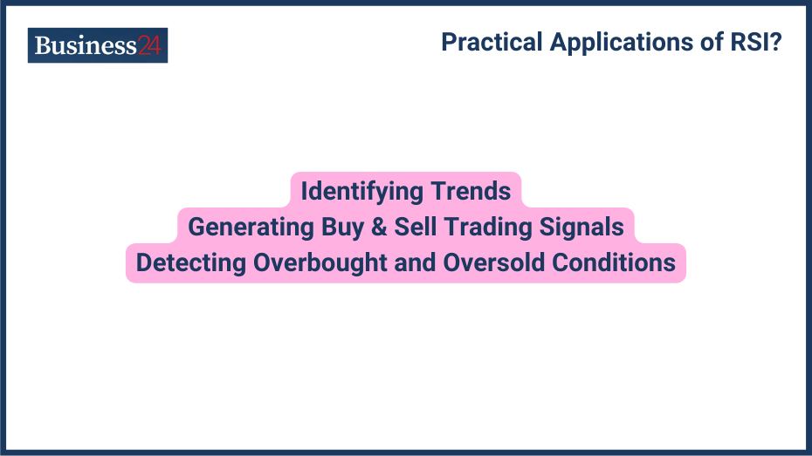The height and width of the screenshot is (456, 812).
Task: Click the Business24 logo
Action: tap(97, 45)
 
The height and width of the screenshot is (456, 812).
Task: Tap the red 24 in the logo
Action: tap(149, 45)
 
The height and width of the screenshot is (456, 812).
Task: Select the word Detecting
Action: tap(190, 262)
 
